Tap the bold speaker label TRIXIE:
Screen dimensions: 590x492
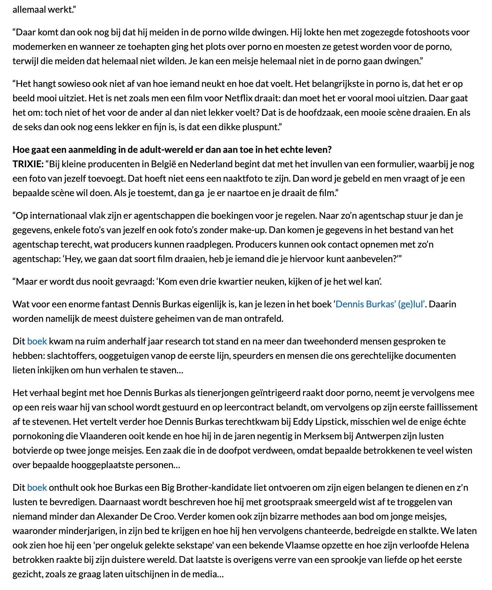pos(28,164)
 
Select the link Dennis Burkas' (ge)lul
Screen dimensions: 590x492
pos(380,304)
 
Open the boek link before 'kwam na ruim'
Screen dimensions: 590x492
pos(37,341)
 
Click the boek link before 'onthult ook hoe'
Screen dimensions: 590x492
pos(37,488)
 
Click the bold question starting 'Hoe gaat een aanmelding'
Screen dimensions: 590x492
pos(172,150)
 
